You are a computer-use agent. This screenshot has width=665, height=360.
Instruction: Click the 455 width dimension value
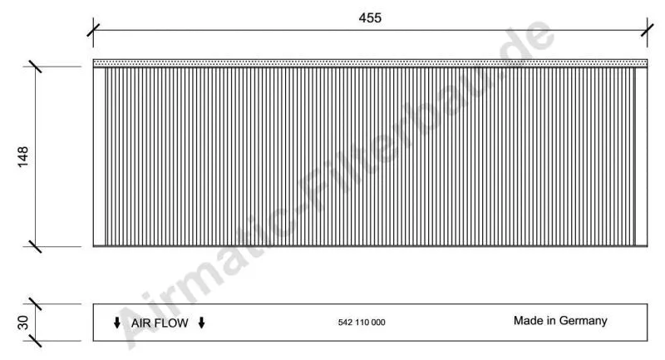point(370,18)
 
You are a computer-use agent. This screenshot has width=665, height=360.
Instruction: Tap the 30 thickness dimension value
point(23,322)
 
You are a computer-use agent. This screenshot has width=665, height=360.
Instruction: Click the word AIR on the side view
point(144,323)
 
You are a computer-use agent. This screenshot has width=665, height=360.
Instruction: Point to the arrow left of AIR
point(116,323)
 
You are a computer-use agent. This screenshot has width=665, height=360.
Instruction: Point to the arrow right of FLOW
point(201,323)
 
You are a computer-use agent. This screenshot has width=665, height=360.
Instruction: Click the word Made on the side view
point(527,320)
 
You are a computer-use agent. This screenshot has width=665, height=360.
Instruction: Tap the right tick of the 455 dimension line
point(648,31)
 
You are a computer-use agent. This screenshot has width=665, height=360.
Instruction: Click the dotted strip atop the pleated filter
point(370,62)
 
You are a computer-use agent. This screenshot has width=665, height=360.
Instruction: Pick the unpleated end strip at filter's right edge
point(641,156)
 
